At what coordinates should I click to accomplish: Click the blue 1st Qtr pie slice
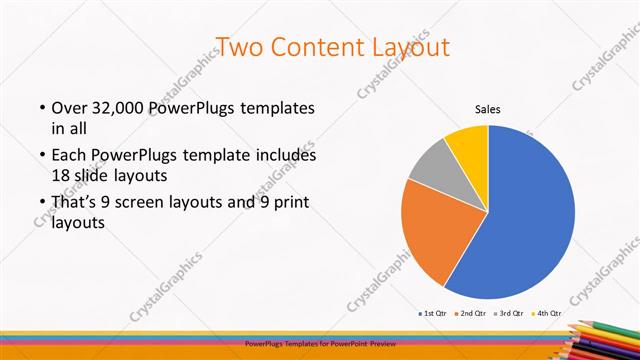(x=530, y=220)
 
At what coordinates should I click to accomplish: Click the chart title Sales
(x=487, y=110)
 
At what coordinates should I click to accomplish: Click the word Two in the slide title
(x=239, y=47)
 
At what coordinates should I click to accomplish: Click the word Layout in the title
(x=411, y=47)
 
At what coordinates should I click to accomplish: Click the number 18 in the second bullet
(x=62, y=175)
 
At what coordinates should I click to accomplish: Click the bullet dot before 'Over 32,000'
(x=42, y=107)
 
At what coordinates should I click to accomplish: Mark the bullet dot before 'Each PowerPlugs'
(x=42, y=156)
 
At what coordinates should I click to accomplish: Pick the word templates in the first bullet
(x=277, y=107)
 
